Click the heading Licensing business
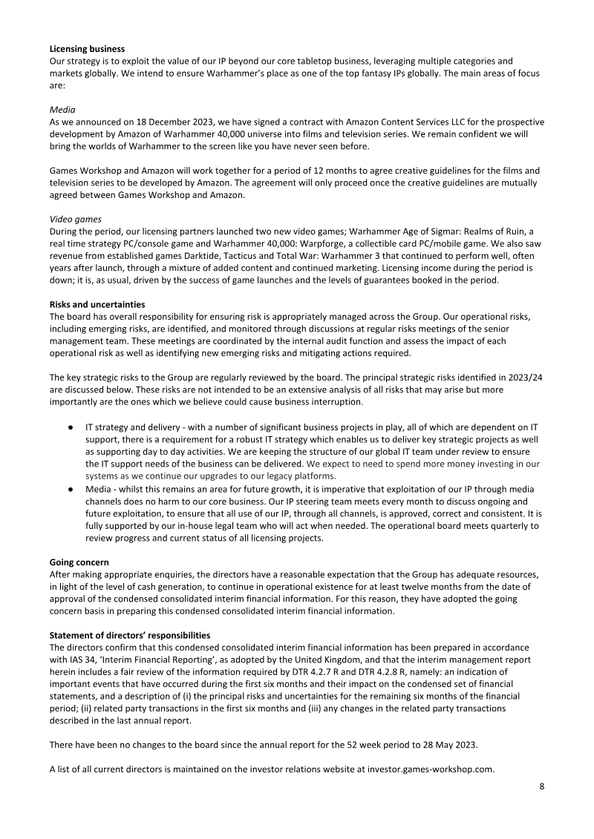[x=87, y=49]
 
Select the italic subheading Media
[x=62, y=108]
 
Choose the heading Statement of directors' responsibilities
[x=129, y=636]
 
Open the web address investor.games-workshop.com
[x=430, y=769]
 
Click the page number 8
[x=541, y=786]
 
